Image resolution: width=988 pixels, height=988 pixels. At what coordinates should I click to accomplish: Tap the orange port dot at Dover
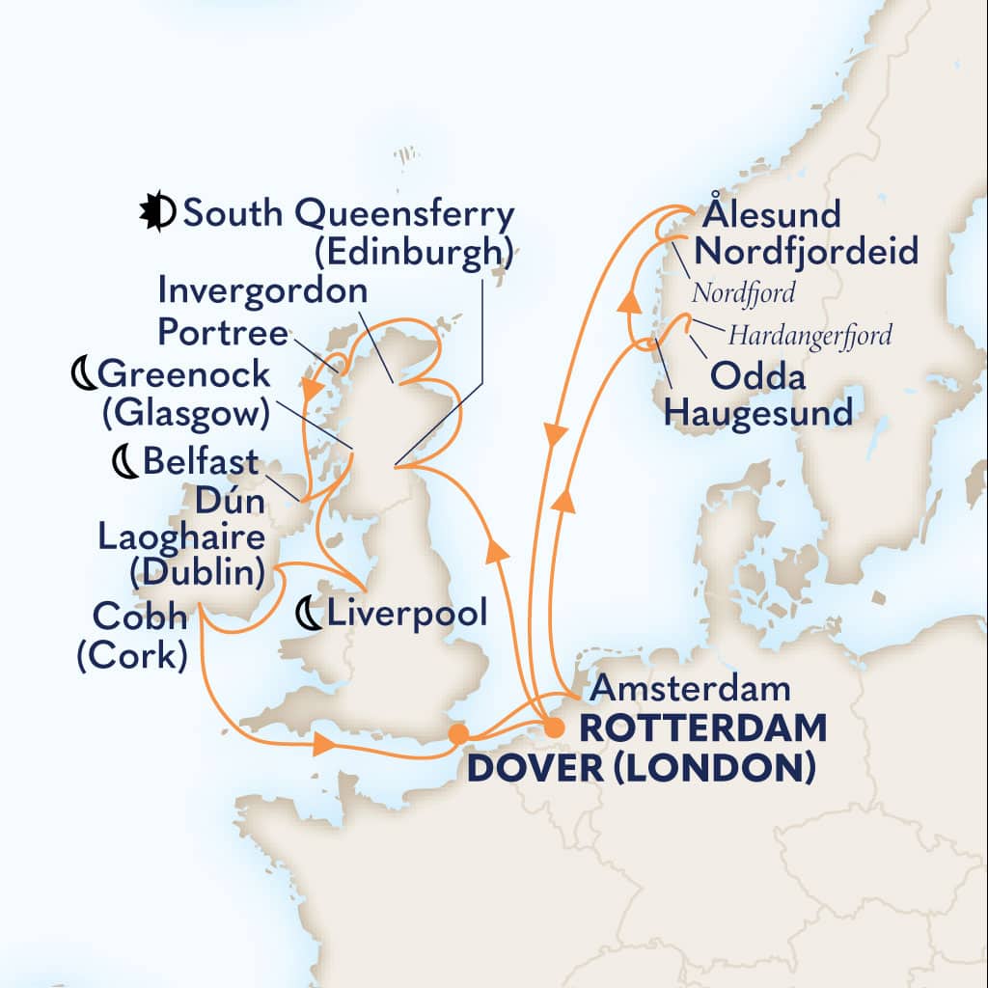click(x=459, y=735)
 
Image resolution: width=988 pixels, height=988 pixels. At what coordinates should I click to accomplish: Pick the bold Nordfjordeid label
click(x=806, y=253)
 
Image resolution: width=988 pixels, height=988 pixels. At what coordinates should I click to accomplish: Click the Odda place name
click(x=757, y=375)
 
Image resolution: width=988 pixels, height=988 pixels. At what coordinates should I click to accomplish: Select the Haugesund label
click(x=760, y=415)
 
